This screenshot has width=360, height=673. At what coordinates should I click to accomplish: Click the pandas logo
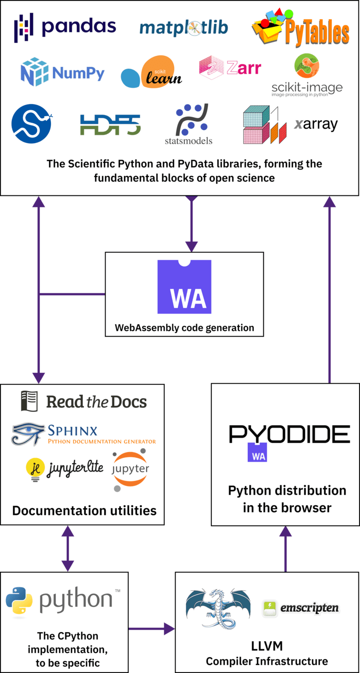[x=65, y=26]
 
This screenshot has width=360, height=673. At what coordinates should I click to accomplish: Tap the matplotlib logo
[x=183, y=27]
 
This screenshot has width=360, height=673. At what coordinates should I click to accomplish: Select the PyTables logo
[x=300, y=29]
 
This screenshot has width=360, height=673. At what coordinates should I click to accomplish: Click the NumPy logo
[x=63, y=73]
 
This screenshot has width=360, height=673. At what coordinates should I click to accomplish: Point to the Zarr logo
[x=230, y=68]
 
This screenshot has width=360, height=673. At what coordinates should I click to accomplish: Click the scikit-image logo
[x=307, y=74]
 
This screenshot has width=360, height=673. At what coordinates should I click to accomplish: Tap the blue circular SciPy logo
[x=32, y=124]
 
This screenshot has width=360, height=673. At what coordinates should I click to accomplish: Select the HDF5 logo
[x=110, y=125]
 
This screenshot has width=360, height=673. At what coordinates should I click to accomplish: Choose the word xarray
[x=316, y=124]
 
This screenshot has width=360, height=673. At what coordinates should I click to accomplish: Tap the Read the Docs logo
[x=84, y=401]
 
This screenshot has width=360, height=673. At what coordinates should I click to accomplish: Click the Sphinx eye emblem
[x=28, y=434]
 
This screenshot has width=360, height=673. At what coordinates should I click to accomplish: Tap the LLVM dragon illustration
[x=217, y=608]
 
